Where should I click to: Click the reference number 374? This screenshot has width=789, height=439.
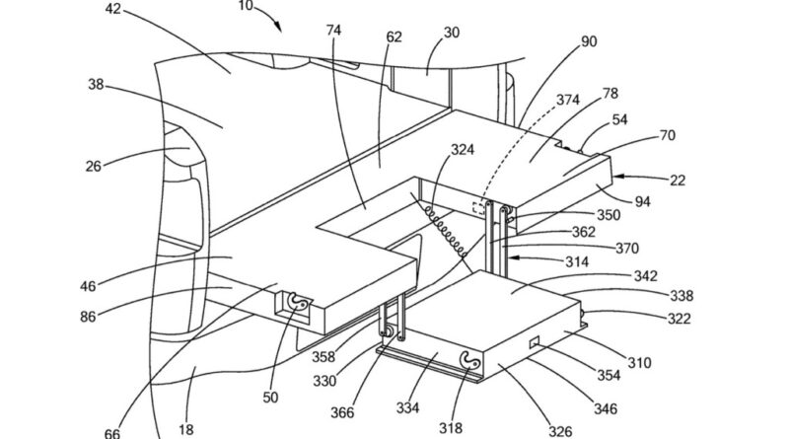tap(568, 100)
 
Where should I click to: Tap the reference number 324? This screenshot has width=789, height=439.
tap(462, 149)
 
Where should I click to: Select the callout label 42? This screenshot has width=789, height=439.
tap(113, 9)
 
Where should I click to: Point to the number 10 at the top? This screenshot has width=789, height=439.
tap(245, 7)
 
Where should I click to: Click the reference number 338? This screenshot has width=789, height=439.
tap(681, 296)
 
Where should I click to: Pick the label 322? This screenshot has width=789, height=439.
tap(679, 319)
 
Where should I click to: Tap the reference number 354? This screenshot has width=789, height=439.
tap(609, 375)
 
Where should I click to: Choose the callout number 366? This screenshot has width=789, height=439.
tap(342, 412)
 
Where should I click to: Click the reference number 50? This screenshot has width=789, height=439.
tap(270, 398)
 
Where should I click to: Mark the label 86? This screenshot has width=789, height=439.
tap(88, 317)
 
